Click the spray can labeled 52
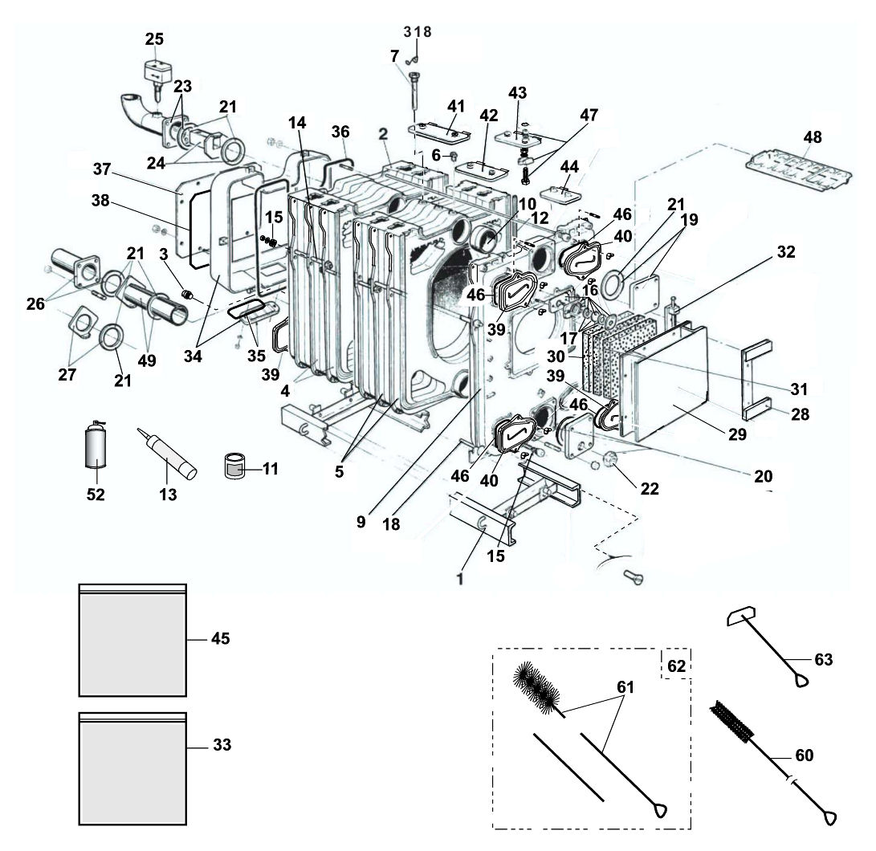pos(96,451)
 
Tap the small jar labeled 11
pos(234,466)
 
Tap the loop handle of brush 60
pos(829,818)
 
